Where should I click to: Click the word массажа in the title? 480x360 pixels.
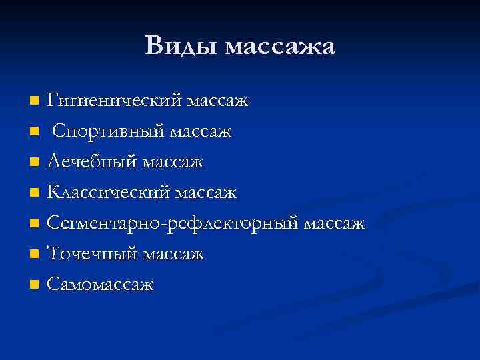(x=280, y=47)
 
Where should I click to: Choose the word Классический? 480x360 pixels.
(x=109, y=193)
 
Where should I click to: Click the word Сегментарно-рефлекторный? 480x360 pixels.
(x=173, y=223)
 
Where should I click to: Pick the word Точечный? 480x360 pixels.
(x=92, y=254)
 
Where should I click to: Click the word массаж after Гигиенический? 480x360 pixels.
(x=217, y=102)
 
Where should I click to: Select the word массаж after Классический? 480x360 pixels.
(x=206, y=193)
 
